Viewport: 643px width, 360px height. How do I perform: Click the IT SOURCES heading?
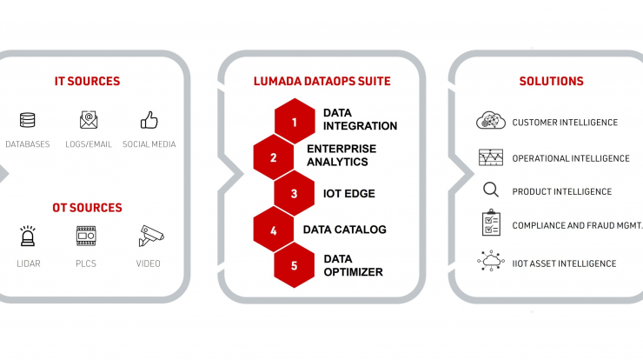[88, 81]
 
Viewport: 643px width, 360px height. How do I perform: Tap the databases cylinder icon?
[28, 120]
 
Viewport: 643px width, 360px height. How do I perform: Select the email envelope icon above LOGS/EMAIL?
[89, 120]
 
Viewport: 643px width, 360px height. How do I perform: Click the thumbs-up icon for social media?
[149, 120]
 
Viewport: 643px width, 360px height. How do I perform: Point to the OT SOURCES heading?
[88, 208]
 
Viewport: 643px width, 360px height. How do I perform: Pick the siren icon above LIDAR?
[28, 236]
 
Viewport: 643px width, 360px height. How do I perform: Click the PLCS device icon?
[86, 236]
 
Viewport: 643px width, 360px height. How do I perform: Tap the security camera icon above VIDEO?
[151, 236]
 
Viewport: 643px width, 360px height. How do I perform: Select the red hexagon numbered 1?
[295, 122]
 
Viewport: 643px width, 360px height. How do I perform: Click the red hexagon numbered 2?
[274, 157]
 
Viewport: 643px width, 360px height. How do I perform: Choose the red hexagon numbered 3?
[294, 193]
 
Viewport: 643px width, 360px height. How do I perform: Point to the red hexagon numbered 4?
[274, 230]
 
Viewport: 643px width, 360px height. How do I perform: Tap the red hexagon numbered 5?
[294, 265]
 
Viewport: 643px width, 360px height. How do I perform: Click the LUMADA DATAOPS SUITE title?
[322, 81]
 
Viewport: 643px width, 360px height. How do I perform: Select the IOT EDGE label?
[349, 194]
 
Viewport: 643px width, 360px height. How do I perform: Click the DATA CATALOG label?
[344, 230]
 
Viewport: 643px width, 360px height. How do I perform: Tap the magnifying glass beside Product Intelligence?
[491, 190]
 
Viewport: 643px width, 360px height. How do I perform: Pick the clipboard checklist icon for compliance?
[491, 223]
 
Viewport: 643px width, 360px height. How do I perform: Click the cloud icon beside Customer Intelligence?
[491, 120]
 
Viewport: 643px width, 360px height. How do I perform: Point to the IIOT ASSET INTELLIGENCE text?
[564, 263]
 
